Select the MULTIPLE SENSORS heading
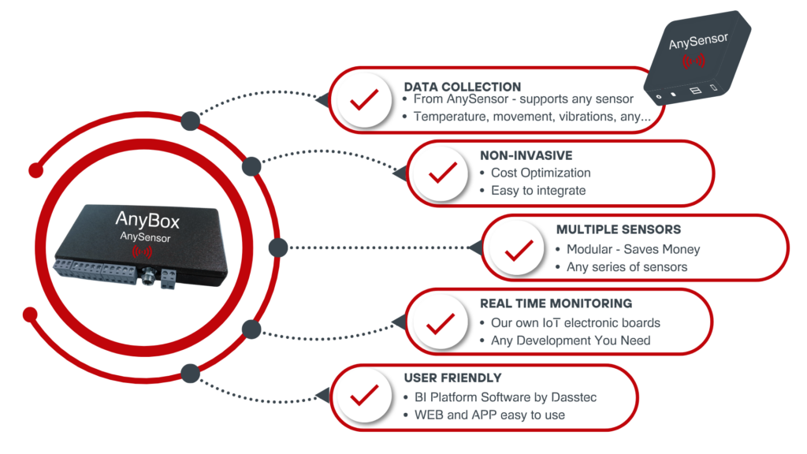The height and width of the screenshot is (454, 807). [619, 229]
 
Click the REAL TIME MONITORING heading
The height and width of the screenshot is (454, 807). [556, 303]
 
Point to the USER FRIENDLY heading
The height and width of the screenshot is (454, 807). [452, 378]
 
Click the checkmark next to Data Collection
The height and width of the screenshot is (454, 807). [364, 101]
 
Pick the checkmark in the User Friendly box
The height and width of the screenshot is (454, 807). [364, 396]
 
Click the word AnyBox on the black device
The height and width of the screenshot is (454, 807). [148, 218]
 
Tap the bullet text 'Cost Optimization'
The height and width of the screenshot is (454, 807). [540, 173]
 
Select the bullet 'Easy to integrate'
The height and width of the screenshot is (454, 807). [538, 190]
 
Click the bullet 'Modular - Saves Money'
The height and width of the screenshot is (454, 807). [633, 249]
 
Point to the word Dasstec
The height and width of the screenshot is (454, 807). [573, 396]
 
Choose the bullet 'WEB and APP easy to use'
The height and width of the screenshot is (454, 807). [489, 415]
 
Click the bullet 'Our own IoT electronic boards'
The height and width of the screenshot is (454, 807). [575, 322]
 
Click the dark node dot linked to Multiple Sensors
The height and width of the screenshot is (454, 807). [277, 247]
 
